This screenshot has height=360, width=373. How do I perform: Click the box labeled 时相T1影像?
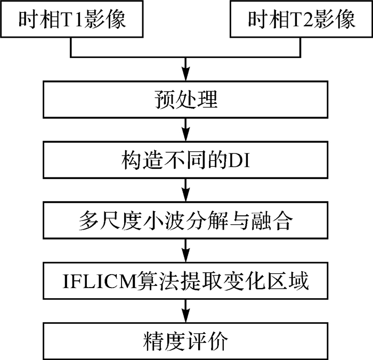click(71, 20)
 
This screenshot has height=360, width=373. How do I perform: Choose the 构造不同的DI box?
click(185, 159)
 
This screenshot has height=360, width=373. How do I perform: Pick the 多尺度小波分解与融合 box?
click(185, 220)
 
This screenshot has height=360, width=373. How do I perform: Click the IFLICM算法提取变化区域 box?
click(185, 281)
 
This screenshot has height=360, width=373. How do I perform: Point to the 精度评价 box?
click(185, 341)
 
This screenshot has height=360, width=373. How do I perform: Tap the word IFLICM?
click(102, 281)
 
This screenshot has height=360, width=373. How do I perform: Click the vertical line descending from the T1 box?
click(71, 47)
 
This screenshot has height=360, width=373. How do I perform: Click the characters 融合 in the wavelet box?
click(278, 220)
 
